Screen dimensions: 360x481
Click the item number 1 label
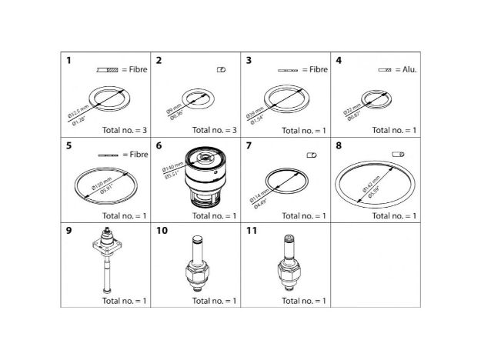[68, 61]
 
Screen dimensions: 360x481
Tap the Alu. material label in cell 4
[407, 70]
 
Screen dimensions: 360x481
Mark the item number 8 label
[339, 145]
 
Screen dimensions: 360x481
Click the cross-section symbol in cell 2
[221, 70]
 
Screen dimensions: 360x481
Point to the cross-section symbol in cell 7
[312, 155]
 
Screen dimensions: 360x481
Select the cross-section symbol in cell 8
[399, 155]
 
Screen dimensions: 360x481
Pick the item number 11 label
[251, 229]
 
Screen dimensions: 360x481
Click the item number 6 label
[159, 145]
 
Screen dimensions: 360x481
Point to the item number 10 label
[161, 229]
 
